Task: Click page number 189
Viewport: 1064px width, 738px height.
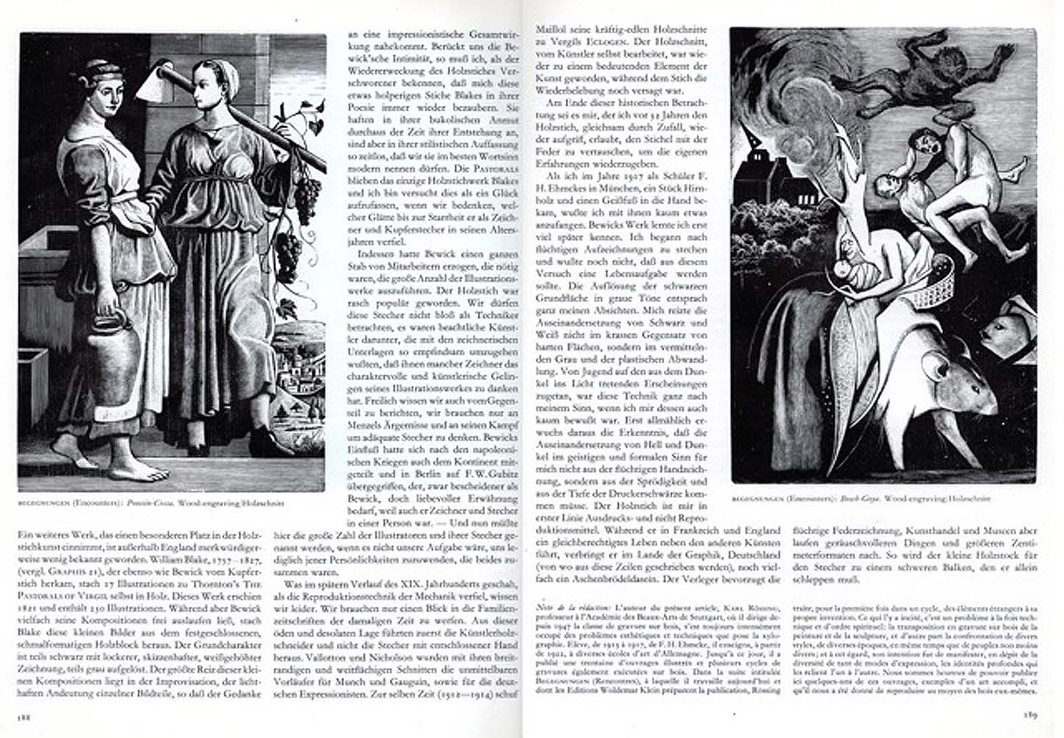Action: click(1029, 713)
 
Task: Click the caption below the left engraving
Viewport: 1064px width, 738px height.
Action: click(151, 504)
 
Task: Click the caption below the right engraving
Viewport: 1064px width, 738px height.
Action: click(861, 499)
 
